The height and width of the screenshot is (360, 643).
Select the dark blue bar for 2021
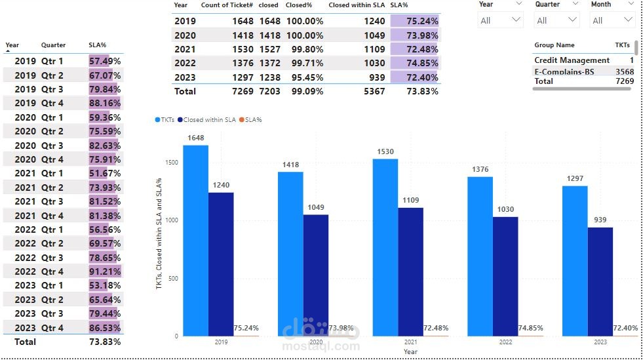coord(410,271)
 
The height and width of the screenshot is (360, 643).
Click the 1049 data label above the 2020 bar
coord(315,208)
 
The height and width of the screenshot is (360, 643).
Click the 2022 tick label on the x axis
coord(505,342)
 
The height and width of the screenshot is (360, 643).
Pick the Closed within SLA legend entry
coord(209,120)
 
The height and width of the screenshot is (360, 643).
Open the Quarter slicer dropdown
coord(556,20)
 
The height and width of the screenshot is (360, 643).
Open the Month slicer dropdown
coord(612,20)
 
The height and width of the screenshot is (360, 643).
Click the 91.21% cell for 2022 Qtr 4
coord(105,271)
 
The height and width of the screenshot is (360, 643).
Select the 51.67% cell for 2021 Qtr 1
coord(105,173)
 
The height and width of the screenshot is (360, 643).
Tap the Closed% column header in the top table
coord(298,5)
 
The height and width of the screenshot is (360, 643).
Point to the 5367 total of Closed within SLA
coord(374,91)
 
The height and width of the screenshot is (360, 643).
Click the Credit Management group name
coord(572,60)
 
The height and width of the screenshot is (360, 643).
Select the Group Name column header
coord(554,45)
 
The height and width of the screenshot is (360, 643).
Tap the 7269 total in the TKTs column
coord(625,81)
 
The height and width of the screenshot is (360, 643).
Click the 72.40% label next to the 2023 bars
coord(625,328)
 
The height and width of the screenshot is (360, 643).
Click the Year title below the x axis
coord(410,352)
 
